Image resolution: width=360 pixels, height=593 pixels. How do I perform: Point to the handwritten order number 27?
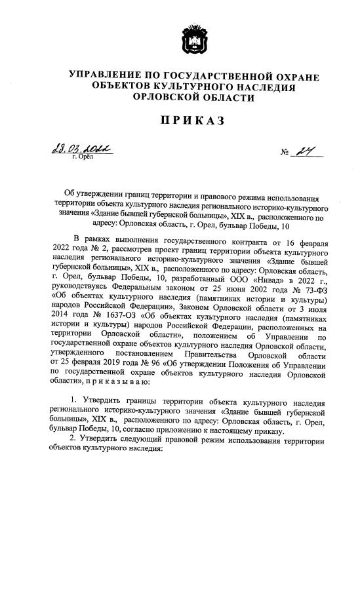tap(304, 152)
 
